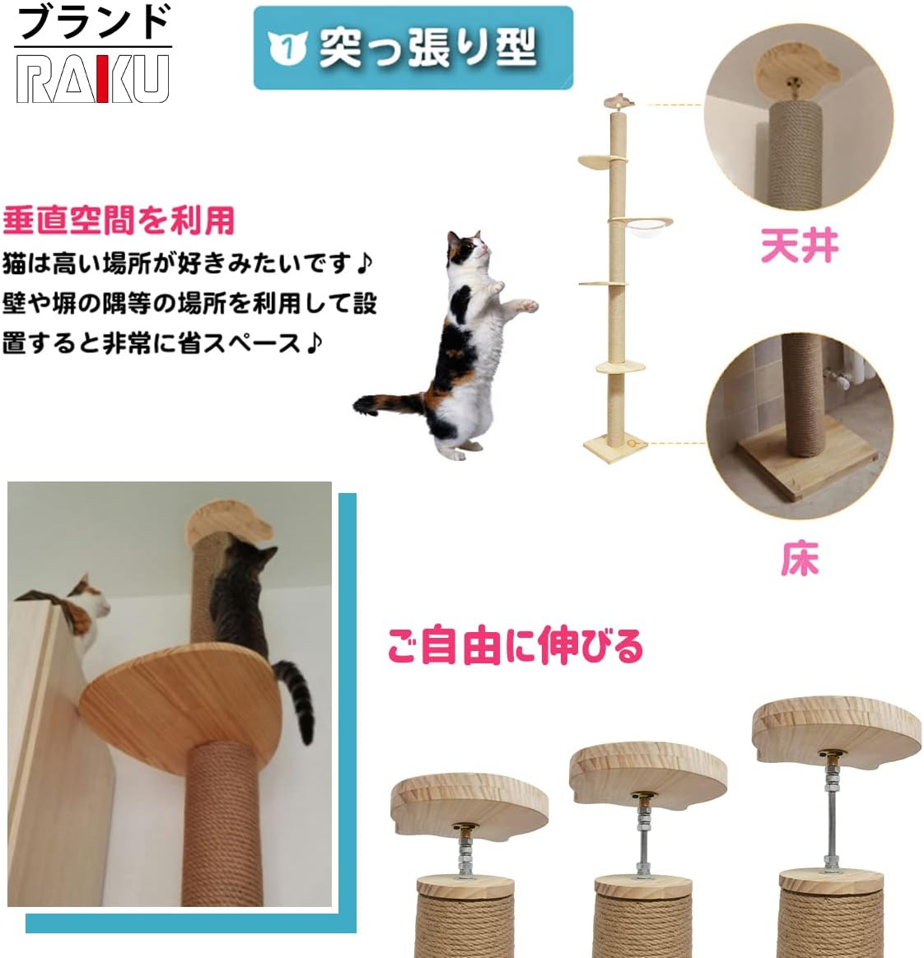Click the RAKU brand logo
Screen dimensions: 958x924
[x=93, y=79]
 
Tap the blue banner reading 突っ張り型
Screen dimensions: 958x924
[x=413, y=48]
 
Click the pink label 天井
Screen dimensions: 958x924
[x=799, y=246]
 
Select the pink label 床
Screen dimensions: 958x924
[x=799, y=559]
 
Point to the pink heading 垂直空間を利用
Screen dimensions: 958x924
[x=119, y=221]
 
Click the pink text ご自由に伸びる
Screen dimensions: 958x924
[x=515, y=645]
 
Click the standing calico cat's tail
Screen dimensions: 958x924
[x=387, y=404]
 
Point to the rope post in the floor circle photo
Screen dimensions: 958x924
[x=802, y=395]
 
